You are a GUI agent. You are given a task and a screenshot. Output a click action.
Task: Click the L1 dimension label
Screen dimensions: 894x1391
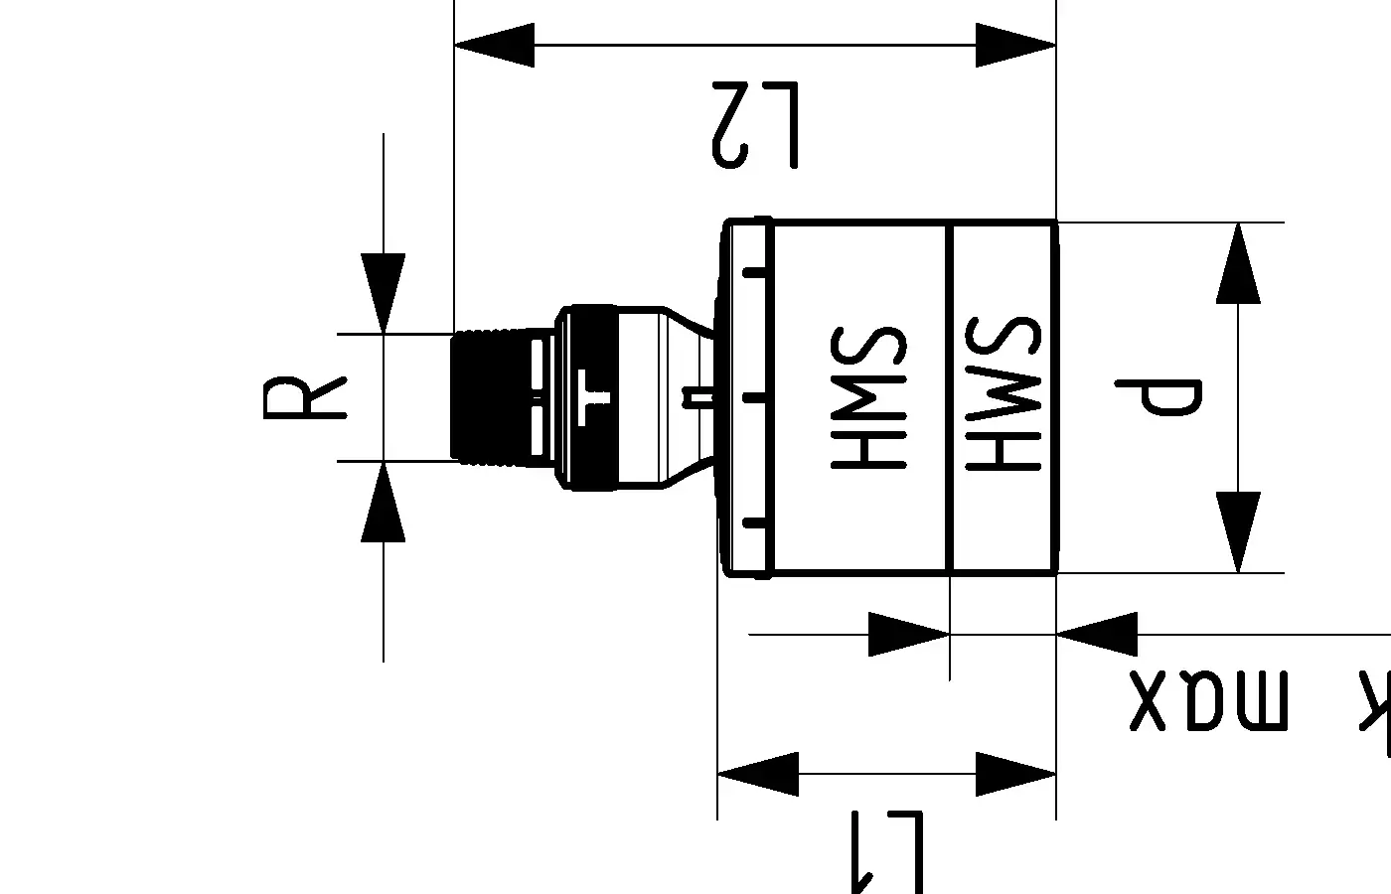887,849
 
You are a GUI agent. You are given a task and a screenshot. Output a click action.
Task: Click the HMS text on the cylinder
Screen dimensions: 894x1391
867,395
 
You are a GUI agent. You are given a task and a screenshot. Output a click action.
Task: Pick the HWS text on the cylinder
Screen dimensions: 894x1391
1002,395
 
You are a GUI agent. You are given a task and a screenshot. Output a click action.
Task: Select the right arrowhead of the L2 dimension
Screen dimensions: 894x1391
1015,45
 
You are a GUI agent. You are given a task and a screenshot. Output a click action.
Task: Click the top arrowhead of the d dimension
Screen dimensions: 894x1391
1238,262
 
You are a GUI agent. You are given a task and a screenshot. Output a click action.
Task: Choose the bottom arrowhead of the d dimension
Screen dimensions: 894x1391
1238,532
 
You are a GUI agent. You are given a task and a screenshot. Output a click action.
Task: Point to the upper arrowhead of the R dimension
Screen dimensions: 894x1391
384,294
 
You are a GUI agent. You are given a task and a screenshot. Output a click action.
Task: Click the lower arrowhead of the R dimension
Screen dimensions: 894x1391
384,502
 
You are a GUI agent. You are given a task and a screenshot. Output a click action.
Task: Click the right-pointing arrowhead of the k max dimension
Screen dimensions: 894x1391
909,634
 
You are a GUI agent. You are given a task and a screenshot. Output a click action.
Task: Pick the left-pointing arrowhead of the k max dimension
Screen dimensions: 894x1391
1096,634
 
